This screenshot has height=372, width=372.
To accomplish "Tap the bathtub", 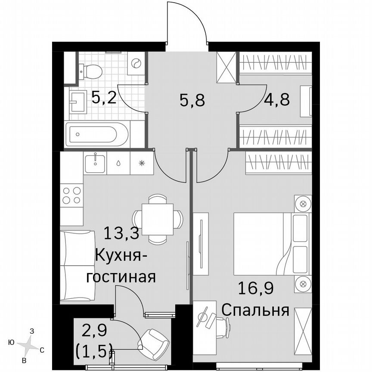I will click(97, 133).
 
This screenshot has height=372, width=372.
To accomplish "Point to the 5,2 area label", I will click(104, 99).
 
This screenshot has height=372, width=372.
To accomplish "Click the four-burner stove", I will click(71, 195).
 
